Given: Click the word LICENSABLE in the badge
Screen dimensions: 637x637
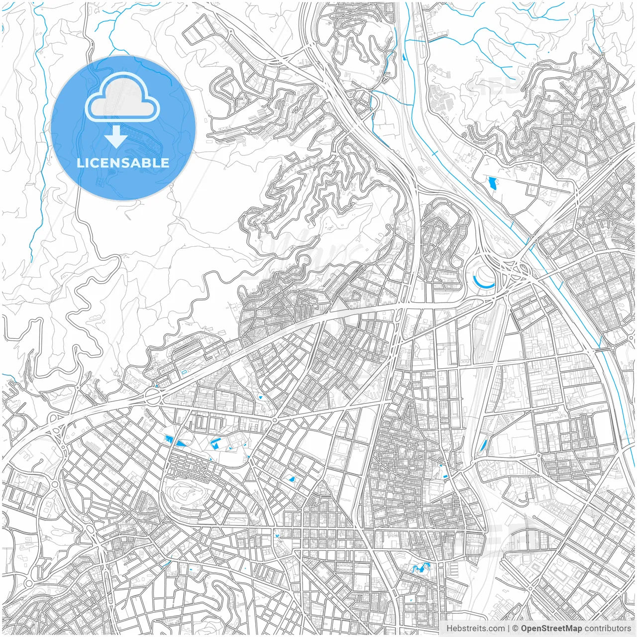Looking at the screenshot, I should point(123,163).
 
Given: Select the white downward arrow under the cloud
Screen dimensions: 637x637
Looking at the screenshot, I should point(116,136).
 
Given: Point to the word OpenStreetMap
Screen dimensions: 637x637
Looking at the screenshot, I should point(551,629).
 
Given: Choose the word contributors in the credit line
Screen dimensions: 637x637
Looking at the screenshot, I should point(608,629).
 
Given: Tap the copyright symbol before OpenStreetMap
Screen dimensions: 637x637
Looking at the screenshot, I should point(516,629).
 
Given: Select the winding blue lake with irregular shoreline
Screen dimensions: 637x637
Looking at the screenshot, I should point(420,567).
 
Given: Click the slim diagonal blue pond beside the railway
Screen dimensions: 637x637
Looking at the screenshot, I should point(482,446).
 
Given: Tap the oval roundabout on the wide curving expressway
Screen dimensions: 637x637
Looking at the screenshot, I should point(152,397).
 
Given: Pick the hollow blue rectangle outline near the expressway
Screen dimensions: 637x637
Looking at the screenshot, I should point(185,371).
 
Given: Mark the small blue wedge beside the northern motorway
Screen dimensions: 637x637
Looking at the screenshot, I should point(403,57).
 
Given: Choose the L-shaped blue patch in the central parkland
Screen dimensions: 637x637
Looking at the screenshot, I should point(215,442).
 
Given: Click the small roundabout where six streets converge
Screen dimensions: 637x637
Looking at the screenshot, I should point(274,420).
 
